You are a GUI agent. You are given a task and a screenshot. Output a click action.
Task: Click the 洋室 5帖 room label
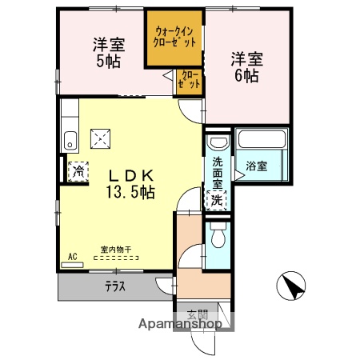coord(106,53)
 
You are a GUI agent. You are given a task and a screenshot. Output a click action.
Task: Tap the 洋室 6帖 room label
coord(245,66)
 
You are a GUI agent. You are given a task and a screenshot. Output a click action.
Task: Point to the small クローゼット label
coord(190,78)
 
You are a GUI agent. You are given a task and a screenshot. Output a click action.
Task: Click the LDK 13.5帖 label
coord(127,183)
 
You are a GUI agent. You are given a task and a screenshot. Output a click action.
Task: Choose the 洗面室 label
coord(217,172)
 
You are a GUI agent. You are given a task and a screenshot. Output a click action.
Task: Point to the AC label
coord(72,256)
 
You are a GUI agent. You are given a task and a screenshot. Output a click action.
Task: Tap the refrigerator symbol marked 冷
coord(78,170)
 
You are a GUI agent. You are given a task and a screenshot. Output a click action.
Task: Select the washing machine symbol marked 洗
coord(216,200)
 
